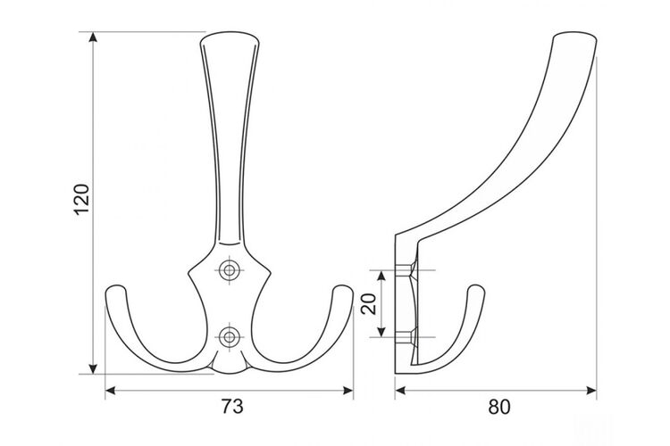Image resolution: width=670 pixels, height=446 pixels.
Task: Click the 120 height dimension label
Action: (81, 199)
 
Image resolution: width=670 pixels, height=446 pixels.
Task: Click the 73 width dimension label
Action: (232, 407)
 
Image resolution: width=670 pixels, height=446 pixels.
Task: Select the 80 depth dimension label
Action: (499, 407)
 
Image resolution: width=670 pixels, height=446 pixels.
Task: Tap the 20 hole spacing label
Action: (368, 304)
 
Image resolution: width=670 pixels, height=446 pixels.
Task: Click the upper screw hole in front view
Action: (230, 270)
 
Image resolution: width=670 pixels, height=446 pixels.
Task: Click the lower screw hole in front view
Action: (230, 337)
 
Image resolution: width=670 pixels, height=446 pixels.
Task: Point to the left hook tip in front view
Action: (116, 289)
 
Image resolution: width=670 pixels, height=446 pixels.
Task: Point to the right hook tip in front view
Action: (343, 289)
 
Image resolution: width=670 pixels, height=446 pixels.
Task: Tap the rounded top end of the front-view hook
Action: (230, 34)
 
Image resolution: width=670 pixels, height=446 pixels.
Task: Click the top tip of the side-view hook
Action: (575, 35)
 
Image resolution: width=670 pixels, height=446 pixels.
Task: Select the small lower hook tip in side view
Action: (477, 288)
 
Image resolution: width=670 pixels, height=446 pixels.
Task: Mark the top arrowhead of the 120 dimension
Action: (93, 37)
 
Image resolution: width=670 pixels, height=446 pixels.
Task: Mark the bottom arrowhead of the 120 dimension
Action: (93, 369)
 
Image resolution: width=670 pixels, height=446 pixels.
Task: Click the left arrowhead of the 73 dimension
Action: (110, 391)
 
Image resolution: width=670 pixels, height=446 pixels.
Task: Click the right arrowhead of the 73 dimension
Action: (348, 391)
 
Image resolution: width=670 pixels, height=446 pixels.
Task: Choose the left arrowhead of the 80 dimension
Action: (400, 391)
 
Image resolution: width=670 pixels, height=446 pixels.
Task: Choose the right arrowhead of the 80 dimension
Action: (591, 391)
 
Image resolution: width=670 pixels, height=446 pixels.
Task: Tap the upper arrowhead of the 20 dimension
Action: (381, 276)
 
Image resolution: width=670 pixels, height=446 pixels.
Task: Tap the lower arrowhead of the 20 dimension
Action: (381, 332)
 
